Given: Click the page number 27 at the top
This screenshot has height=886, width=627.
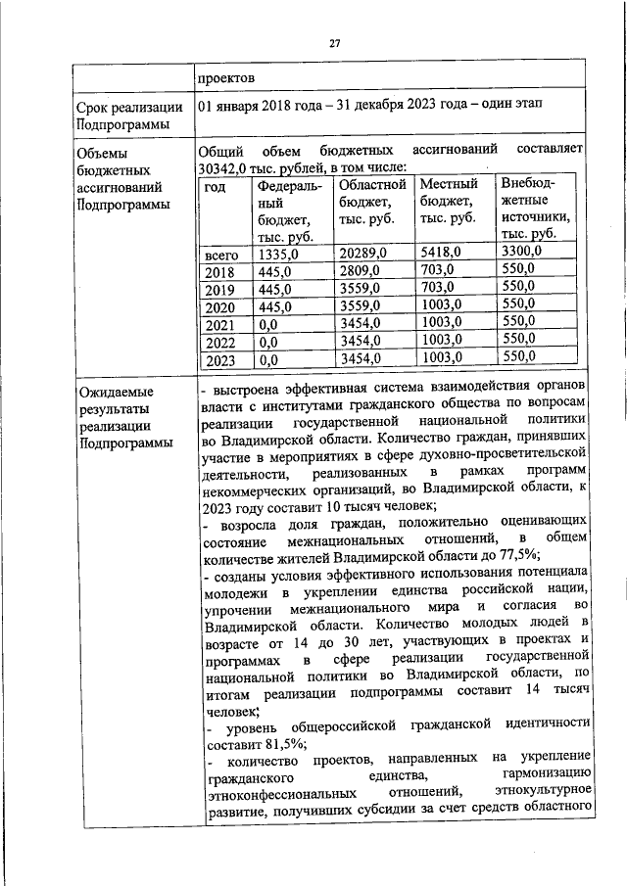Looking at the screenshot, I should click(334, 44).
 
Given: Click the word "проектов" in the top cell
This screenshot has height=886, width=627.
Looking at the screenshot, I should click(228, 77).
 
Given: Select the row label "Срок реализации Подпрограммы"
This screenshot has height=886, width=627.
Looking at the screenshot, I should click(123, 115).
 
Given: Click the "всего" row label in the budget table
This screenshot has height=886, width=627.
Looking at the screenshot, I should click(222, 254).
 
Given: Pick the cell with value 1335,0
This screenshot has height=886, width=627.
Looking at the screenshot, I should click(277, 254).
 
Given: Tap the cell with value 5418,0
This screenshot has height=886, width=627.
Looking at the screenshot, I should click(440, 252).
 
